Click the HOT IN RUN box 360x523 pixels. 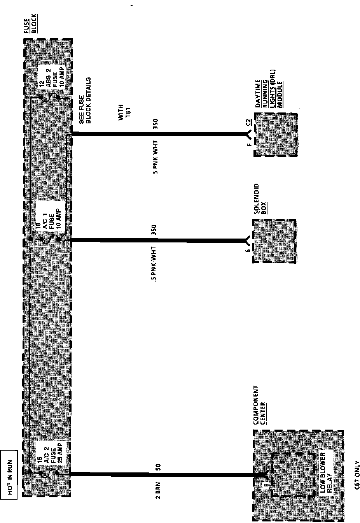coord(9,474)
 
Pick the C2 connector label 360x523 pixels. coord(248,123)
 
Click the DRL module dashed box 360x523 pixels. coord(276,135)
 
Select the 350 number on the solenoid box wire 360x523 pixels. coord(154,231)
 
